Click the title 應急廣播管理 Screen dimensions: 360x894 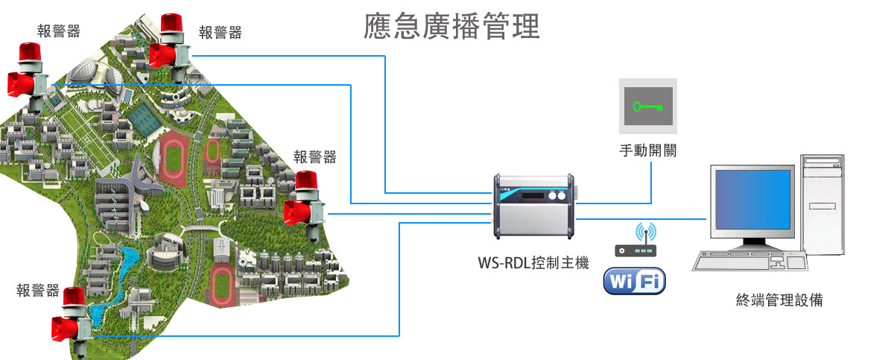pos(451,27)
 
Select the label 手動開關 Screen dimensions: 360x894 pos(647,150)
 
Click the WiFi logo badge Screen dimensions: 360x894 pos(634,282)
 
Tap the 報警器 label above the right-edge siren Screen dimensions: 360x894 pos(314,157)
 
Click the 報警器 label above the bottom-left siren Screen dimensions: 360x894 pos(38,290)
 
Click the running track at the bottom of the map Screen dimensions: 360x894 pos(222,281)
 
